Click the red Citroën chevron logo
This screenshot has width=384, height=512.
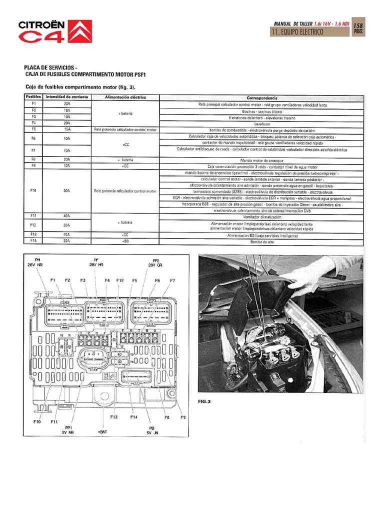pyautogui.click(x=79, y=31)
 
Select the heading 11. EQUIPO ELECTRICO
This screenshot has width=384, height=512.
pyautogui.click(x=297, y=32)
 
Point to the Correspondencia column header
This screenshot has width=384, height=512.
pyautogui.click(x=262, y=97)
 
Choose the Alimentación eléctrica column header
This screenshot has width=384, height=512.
pyautogui.click(x=125, y=97)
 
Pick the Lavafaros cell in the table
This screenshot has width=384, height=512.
pyautogui.click(x=262, y=123)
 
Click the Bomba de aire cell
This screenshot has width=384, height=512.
pyautogui.click(x=262, y=241)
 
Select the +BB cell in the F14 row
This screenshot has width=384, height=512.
pyautogui.click(x=125, y=241)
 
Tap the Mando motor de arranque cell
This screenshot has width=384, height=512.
pyautogui.click(x=262, y=160)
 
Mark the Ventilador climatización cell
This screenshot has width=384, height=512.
pyautogui.click(x=262, y=216)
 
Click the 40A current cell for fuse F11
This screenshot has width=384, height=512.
pyautogui.click(x=67, y=216)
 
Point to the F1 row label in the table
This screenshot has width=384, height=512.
pyautogui.click(x=33, y=104)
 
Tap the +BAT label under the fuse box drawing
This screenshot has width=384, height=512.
pyautogui.click(x=102, y=431)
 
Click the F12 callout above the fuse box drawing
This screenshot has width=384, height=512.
pyautogui.click(x=120, y=281)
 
